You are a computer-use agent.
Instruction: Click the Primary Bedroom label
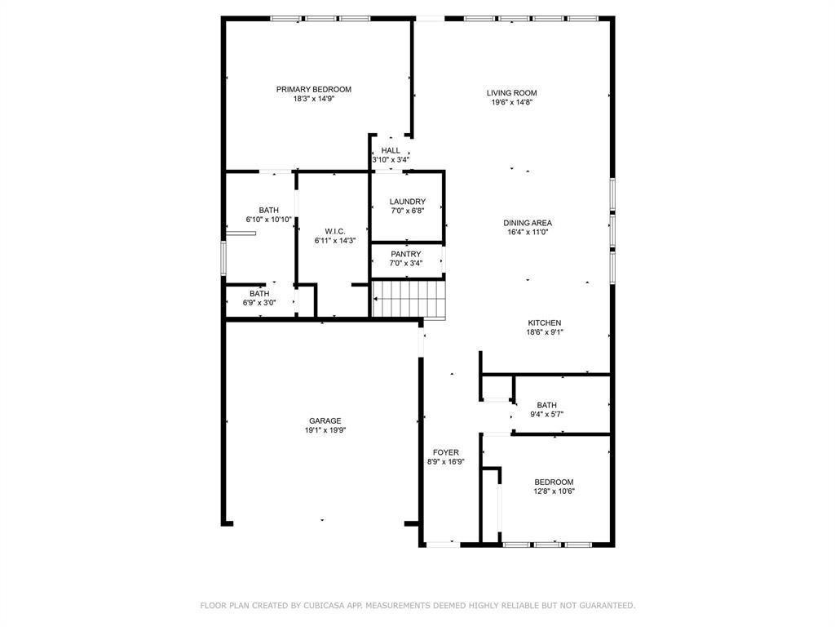313,89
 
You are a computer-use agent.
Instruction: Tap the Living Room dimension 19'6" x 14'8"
512,103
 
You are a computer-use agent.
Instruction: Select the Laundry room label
407,202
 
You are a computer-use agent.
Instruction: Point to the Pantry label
405,254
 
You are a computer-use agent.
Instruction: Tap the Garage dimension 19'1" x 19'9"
325,430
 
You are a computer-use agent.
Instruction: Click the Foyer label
445,452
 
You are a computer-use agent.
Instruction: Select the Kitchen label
544,322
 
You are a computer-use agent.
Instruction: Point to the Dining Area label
528,223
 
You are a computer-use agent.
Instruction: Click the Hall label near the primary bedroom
391,150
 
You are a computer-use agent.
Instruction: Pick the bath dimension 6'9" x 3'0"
259,303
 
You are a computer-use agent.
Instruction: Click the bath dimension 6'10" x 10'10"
269,220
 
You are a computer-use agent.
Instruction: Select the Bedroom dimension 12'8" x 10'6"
554,491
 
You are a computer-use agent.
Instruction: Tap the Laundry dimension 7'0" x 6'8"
407,211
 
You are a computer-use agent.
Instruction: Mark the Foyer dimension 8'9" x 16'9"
445,462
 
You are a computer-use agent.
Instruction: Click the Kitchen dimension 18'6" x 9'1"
544,332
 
